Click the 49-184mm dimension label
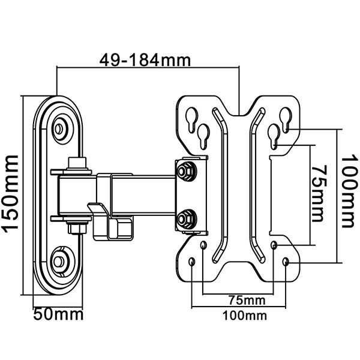tap(145, 60)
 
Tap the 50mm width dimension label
tap(58, 314)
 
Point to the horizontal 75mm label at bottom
tap(247, 300)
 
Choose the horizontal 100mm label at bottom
tap(245, 316)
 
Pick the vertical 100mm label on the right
tap(349, 192)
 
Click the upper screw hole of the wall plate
tap(59, 129)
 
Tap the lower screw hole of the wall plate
tap(59, 261)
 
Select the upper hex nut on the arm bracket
tap(185, 171)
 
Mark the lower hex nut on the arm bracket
tap(185, 220)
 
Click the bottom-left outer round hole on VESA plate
tap(192, 262)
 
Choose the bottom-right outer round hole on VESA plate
tap(286, 262)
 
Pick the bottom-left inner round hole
tap(203, 245)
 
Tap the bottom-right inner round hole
tap(274, 245)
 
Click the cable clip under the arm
tap(110, 221)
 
